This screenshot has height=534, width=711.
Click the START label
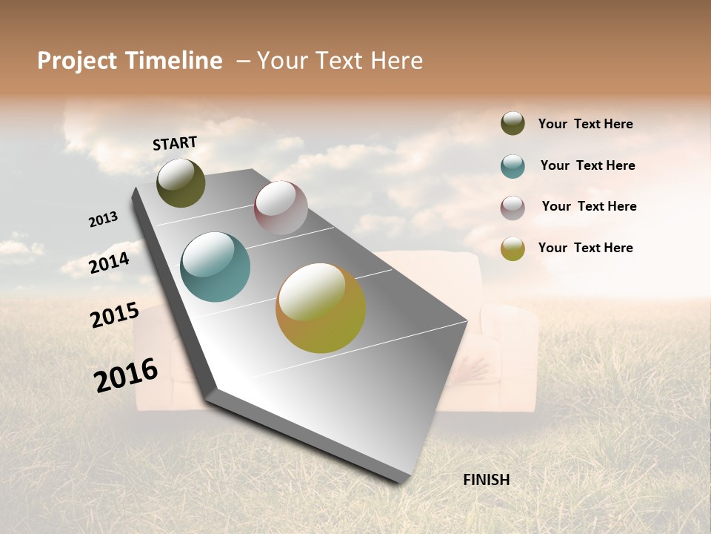click(175, 143)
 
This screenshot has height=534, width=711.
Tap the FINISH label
click(487, 480)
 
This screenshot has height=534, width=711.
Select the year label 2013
click(104, 219)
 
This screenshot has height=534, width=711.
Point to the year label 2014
click(110, 263)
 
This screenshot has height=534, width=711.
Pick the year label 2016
click(126, 375)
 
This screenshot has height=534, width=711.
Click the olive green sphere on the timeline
click(181, 183)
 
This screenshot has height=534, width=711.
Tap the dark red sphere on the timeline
click(281, 208)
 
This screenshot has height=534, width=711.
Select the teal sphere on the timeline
click(216, 267)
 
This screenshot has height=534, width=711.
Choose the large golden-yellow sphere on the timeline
click(321, 308)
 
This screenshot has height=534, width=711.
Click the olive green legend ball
click(513, 124)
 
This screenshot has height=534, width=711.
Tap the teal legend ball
click(513, 166)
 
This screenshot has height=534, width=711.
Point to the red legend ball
click(513, 208)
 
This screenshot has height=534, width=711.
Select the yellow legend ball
click(513, 248)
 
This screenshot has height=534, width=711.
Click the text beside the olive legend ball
click(585, 125)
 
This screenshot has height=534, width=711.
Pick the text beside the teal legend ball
click(587, 165)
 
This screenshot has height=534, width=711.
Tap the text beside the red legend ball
click(589, 206)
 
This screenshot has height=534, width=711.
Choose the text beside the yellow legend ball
click(585, 248)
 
